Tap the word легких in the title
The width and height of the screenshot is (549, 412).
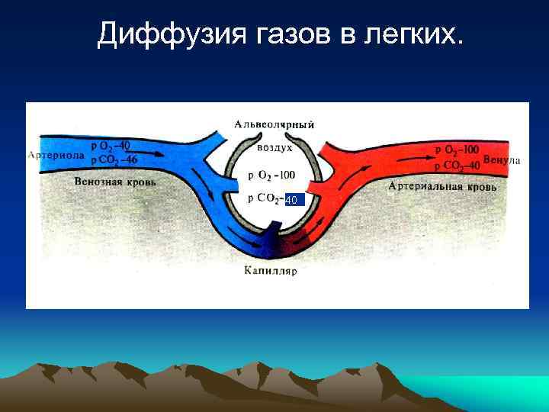(x=413, y=34)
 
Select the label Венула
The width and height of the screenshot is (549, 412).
(x=502, y=160)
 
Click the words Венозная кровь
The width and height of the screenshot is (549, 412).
(x=115, y=182)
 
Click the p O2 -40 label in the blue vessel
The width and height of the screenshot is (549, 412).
(x=110, y=146)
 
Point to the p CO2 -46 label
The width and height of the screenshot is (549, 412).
(x=114, y=159)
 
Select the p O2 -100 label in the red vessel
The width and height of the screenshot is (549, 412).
(x=457, y=151)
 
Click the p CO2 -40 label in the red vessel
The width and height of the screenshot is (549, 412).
(x=457, y=165)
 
